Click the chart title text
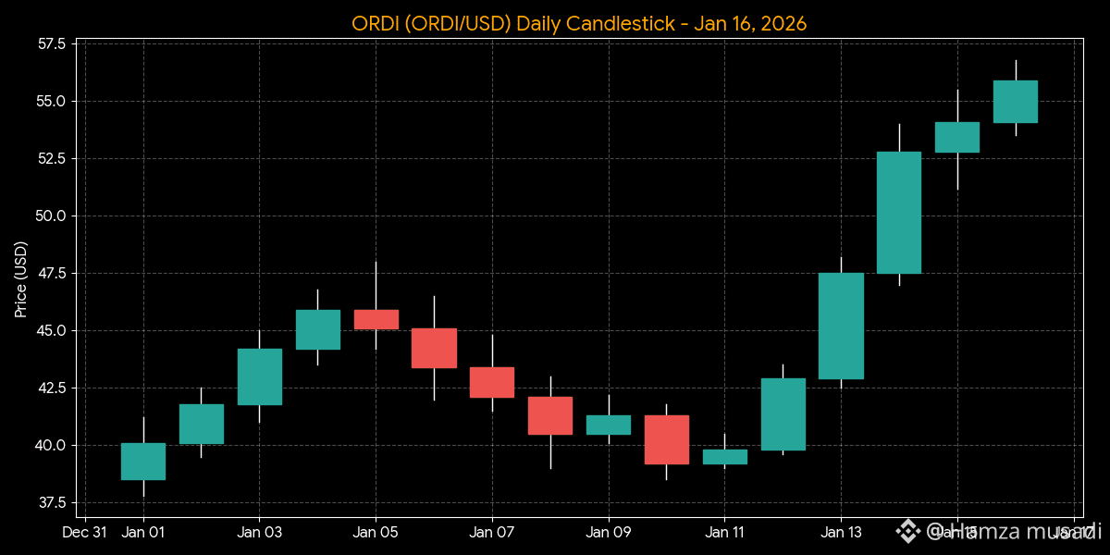pos(579,23)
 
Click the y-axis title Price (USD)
pos(21,279)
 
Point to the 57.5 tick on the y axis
pos(52,44)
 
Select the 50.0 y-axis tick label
pos(52,216)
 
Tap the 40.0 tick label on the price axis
pos(52,445)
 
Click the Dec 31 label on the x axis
pos(83,533)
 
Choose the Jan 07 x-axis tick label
pos(492,533)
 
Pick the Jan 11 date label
pos(724,533)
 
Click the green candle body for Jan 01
pos(143,462)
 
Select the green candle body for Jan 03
pos(260,376)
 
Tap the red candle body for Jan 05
pos(376,319)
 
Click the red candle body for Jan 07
pos(492,382)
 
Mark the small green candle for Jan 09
pos(609,425)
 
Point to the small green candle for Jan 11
pos(724,456)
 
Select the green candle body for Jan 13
pos(841,326)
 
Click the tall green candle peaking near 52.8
pos(899,213)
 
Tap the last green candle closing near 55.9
pos(1015,102)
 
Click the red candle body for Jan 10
pos(667,439)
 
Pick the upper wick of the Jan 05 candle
pos(376,286)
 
